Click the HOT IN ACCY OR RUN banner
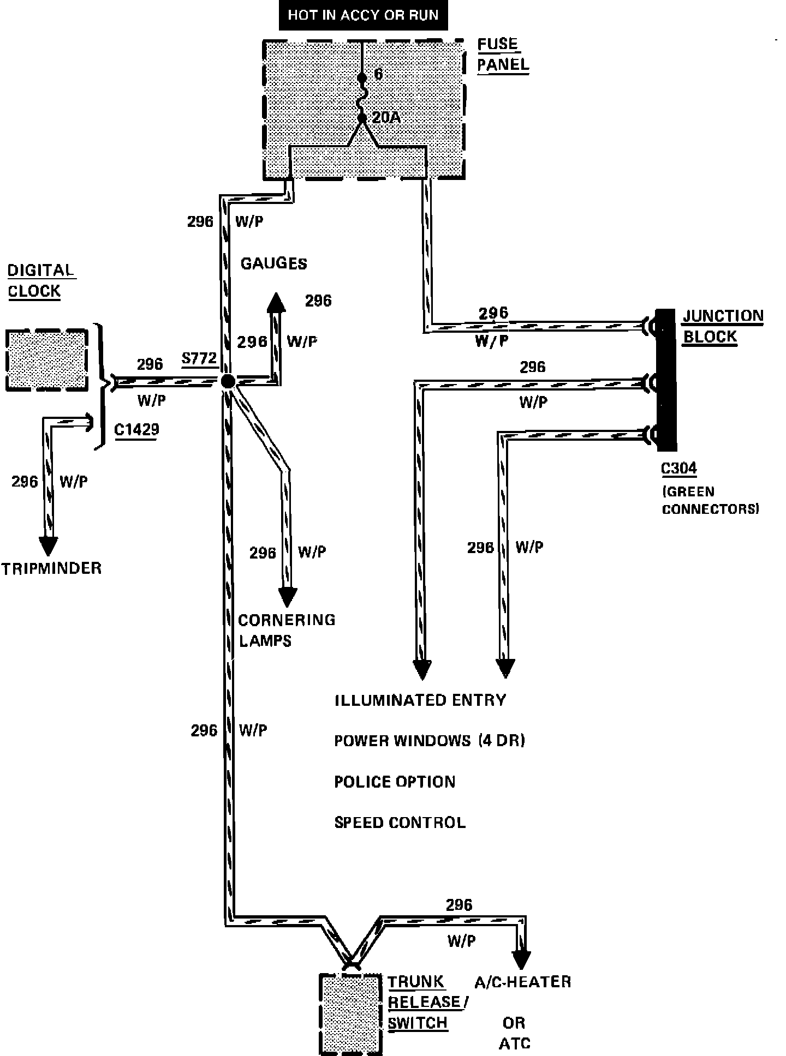point(363,15)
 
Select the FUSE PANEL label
point(502,54)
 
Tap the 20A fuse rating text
point(386,117)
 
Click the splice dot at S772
point(228,381)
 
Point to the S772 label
point(199,358)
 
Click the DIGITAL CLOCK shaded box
point(47,359)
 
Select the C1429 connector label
point(136,429)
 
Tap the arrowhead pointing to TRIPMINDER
point(48,545)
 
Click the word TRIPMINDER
point(51,568)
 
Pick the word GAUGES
point(273,263)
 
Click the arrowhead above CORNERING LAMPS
point(287,597)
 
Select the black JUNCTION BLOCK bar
point(666,380)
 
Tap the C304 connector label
point(678,468)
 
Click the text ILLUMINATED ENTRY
point(420,700)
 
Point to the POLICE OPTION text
point(394,782)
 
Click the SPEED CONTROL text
point(400,822)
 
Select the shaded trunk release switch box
point(350,1013)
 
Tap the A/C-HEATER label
point(522,982)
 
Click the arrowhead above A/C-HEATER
point(521,959)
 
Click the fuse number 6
point(378,74)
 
